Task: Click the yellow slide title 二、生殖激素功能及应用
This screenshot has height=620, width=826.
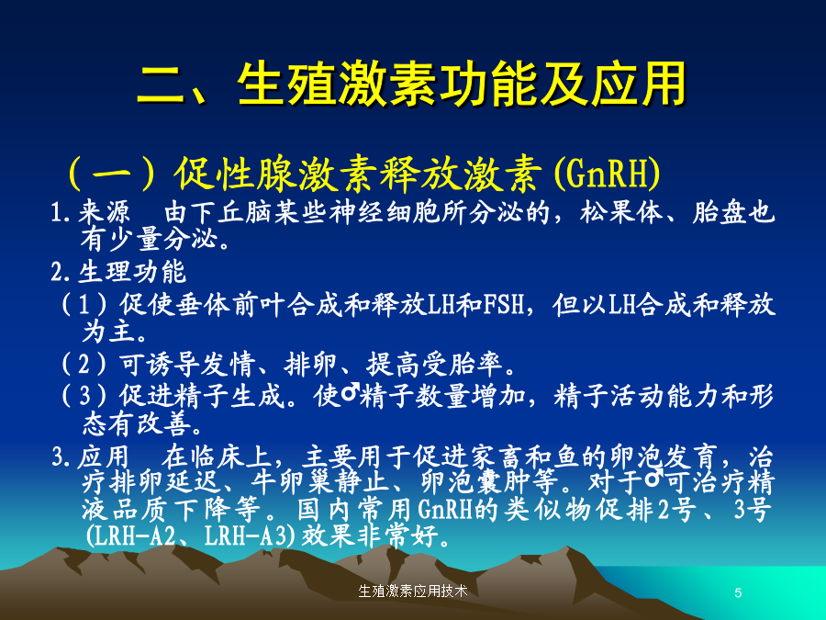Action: (x=411, y=84)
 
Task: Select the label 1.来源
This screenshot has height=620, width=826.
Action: (x=91, y=212)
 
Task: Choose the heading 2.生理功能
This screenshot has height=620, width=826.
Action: (x=118, y=272)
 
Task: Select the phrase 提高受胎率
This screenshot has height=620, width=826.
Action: (x=434, y=363)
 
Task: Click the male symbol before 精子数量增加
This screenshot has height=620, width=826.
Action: (x=350, y=393)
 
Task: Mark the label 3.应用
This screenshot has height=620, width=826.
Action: (x=90, y=457)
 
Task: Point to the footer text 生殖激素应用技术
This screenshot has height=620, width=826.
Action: (x=412, y=591)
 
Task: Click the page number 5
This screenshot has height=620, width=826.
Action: (x=738, y=592)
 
